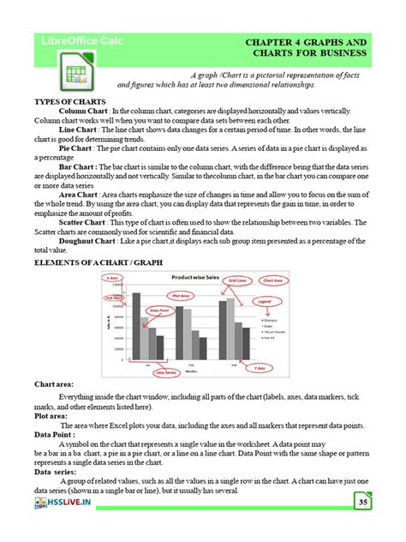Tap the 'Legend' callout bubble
click(x=265, y=302)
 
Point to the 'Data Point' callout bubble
click(x=158, y=311)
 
